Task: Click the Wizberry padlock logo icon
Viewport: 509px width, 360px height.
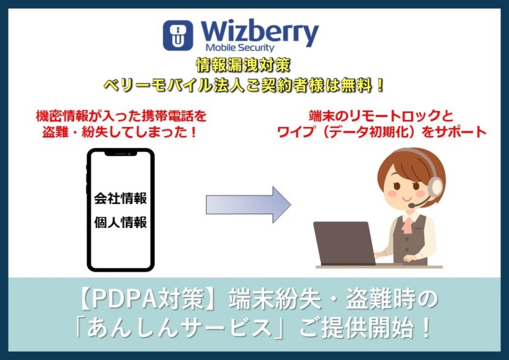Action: pos(178,36)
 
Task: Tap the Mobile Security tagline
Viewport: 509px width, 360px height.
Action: pos(240,48)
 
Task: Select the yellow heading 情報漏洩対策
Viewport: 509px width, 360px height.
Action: pos(243,65)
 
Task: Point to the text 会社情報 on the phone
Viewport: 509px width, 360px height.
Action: pos(120,198)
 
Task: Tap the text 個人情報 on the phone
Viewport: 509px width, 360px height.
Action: pos(120,223)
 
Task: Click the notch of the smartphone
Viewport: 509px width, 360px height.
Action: pos(120,153)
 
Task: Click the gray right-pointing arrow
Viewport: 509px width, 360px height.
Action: pos(248,205)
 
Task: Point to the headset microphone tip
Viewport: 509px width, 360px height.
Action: pos(411,206)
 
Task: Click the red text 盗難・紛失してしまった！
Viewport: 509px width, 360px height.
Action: pos(120,132)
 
